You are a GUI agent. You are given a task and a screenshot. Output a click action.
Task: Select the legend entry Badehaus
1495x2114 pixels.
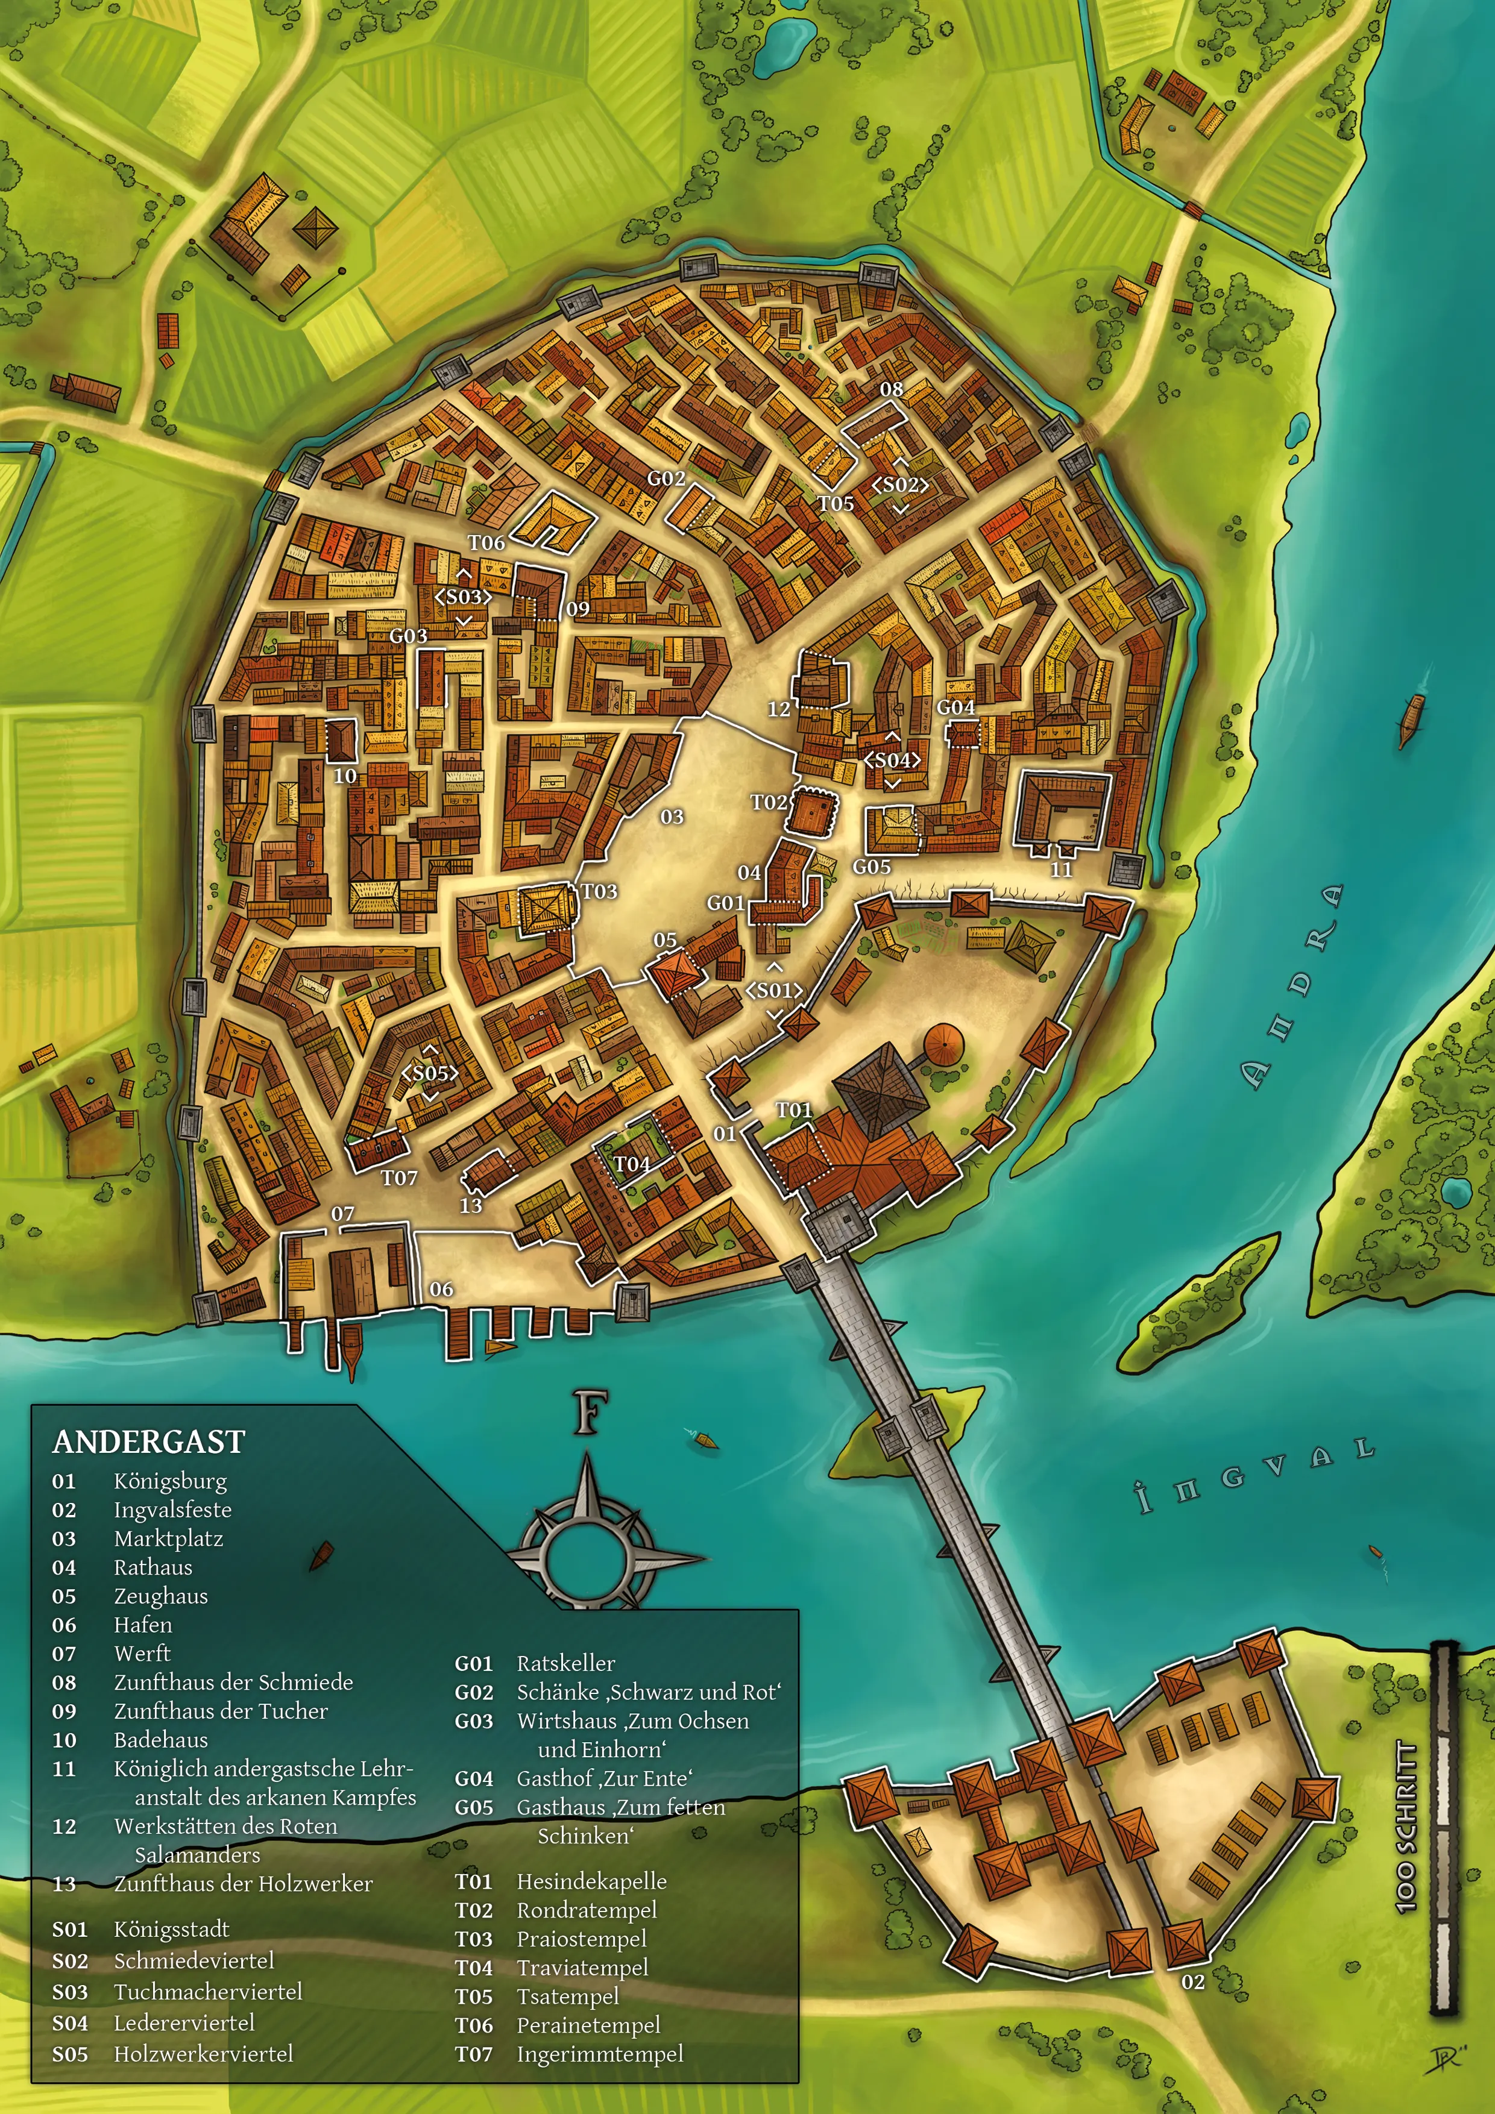click(x=160, y=1739)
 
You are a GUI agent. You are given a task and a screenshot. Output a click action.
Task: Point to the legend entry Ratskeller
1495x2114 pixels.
click(x=565, y=1663)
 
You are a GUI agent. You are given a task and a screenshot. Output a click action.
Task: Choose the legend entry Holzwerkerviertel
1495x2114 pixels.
click(x=203, y=2053)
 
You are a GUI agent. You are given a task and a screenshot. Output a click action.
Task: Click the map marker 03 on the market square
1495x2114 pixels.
click(x=672, y=817)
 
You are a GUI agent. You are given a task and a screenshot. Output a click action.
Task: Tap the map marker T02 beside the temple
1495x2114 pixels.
click(x=768, y=802)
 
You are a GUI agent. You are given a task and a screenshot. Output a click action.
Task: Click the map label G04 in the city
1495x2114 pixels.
click(x=955, y=707)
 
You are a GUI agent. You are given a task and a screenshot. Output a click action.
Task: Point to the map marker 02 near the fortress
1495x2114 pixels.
click(x=1193, y=1981)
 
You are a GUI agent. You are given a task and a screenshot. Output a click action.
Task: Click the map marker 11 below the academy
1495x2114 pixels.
click(x=1061, y=869)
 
